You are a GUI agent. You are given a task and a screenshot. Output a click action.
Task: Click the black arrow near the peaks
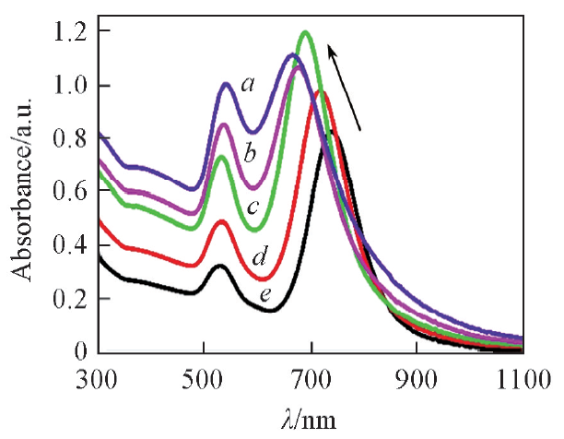tap(346, 89)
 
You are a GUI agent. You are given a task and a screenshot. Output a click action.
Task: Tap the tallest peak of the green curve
tap(305, 33)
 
